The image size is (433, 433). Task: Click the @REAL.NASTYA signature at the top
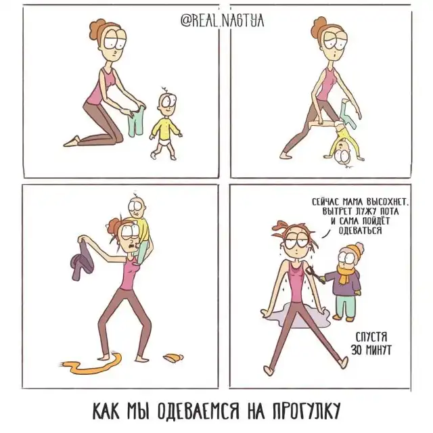223,20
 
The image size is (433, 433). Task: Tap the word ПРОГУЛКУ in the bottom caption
306,412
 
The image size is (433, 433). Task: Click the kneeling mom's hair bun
97,30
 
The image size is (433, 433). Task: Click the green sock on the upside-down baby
347,115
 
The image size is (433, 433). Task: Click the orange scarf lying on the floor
91,365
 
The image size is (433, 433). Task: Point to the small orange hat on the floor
173,358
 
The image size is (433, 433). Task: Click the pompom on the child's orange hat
359,246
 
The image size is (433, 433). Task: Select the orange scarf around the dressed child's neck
345,273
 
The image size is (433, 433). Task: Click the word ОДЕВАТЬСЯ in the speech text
360,230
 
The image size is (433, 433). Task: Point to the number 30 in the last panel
357,350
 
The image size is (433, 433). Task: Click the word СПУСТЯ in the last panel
371,338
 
